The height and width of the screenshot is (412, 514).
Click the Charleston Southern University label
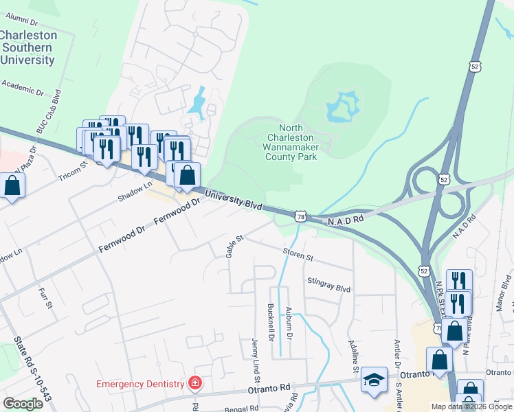pyautogui.click(x=27, y=47)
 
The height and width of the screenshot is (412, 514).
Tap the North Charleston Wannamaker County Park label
pyautogui.click(x=291, y=142)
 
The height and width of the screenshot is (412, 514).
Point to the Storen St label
pyautogui.click(x=298, y=256)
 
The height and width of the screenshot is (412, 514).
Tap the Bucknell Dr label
pyautogui.click(x=271, y=323)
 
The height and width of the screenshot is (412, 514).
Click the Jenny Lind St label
pyautogui.click(x=255, y=360)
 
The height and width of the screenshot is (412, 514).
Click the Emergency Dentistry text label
pyautogui.click(x=140, y=384)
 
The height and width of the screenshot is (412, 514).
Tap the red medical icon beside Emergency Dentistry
pyautogui.click(x=195, y=383)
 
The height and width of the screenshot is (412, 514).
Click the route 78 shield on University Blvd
pyautogui.click(x=300, y=216)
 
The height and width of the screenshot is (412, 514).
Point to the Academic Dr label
pyautogui.click(x=23, y=87)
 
